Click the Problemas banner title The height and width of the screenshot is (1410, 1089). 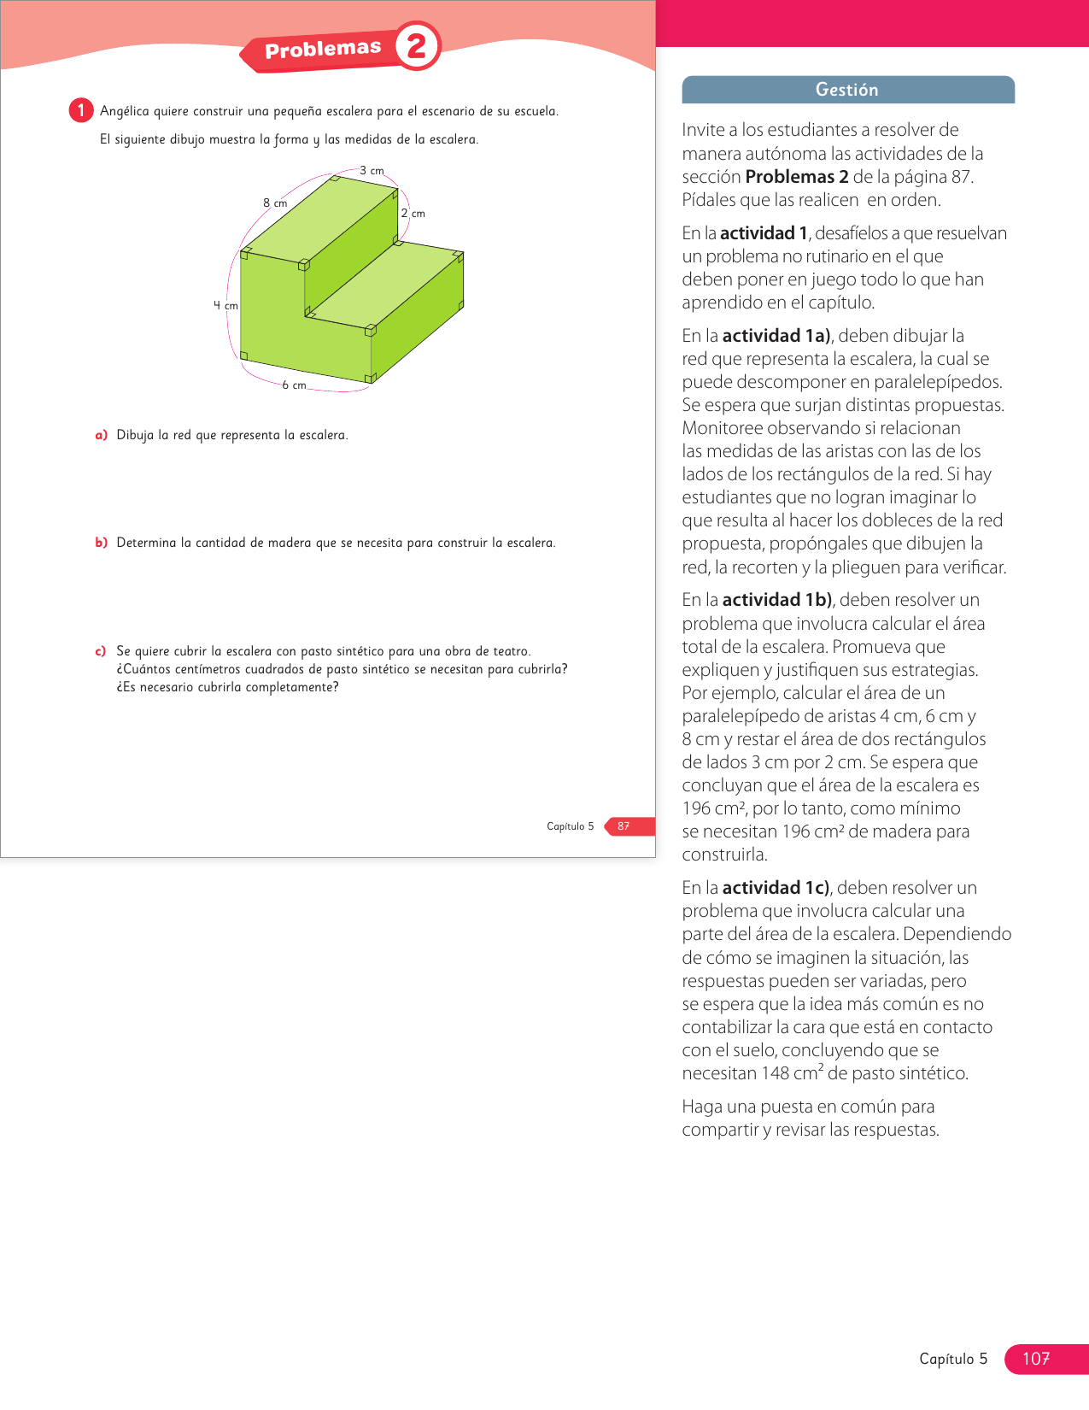tap(322, 50)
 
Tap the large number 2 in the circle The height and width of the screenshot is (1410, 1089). tap(417, 46)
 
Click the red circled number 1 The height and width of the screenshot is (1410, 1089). tap(81, 110)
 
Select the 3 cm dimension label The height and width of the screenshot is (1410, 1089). tap(372, 171)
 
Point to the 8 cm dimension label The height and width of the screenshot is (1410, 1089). tap(275, 203)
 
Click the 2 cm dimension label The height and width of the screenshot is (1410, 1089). tap(413, 214)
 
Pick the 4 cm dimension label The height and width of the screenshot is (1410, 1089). tap(225, 306)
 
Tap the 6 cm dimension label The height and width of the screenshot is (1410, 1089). tap(294, 385)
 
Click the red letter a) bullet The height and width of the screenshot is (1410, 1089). tap(101, 435)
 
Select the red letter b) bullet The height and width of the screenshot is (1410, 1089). tap(101, 543)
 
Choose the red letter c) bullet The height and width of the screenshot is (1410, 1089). tap(101, 651)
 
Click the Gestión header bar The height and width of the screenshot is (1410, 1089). tap(847, 90)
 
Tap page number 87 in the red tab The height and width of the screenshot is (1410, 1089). tap(624, 826)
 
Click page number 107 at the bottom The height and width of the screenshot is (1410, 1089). tap(1036, 1359)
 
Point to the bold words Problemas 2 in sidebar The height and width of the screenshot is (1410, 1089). tap(797, 177)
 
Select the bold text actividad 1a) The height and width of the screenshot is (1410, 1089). tap(776, 336)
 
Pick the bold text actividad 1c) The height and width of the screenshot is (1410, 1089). tap(776, 888)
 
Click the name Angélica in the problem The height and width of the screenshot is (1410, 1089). tap(125, 111)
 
